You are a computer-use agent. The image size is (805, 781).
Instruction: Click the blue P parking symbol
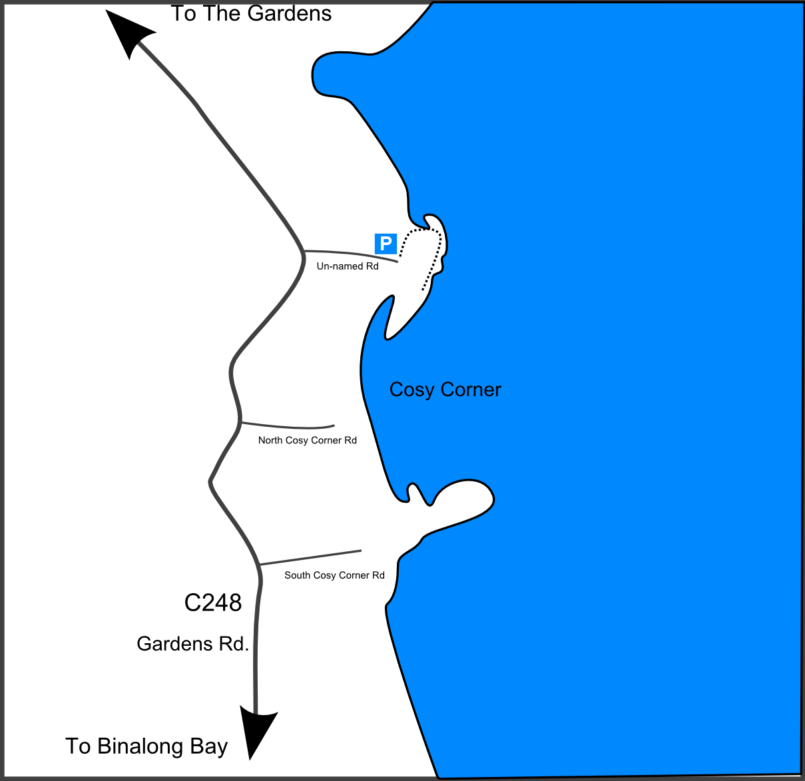[x=386, y=244]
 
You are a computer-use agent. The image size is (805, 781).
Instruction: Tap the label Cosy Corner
[x=445, y=390]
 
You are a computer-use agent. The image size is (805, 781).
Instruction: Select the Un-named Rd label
[x=348, y=266]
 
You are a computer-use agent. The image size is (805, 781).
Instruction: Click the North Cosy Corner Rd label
[x=308, y=440]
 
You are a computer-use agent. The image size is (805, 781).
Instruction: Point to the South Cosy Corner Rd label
[x=334, y=575]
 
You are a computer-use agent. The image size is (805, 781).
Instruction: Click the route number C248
[x=213, y=603]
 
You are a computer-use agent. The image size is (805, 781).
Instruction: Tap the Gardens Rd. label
[x=193, y=644]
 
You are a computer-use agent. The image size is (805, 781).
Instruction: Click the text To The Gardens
[x=251, y=13]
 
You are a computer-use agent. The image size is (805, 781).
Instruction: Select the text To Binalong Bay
[x=146, y=746]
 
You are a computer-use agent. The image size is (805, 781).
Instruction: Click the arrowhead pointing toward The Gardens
[x=130, y=33]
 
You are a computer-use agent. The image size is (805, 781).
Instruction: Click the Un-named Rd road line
[x=353, y=254]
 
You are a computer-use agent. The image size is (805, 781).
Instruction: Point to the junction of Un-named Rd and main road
[x=304, y=251]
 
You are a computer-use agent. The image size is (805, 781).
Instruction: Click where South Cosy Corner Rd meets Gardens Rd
[x=259, y=565]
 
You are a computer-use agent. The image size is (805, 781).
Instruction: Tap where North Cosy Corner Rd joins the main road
[x=240, y=422]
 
